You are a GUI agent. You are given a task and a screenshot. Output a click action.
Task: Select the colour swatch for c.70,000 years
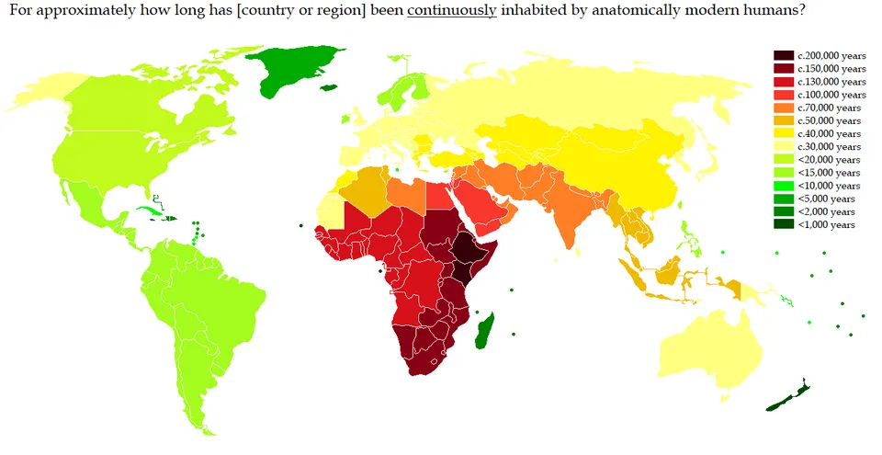(784, 108)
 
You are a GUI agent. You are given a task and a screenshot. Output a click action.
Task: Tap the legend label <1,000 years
(827, 224)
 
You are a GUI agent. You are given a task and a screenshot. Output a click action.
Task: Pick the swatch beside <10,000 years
(784, 186)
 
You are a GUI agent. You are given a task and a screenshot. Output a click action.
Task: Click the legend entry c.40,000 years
(830, 134)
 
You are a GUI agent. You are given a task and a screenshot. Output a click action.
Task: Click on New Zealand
(791, 395)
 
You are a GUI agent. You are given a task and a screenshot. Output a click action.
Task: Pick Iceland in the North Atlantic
(347, 118)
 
